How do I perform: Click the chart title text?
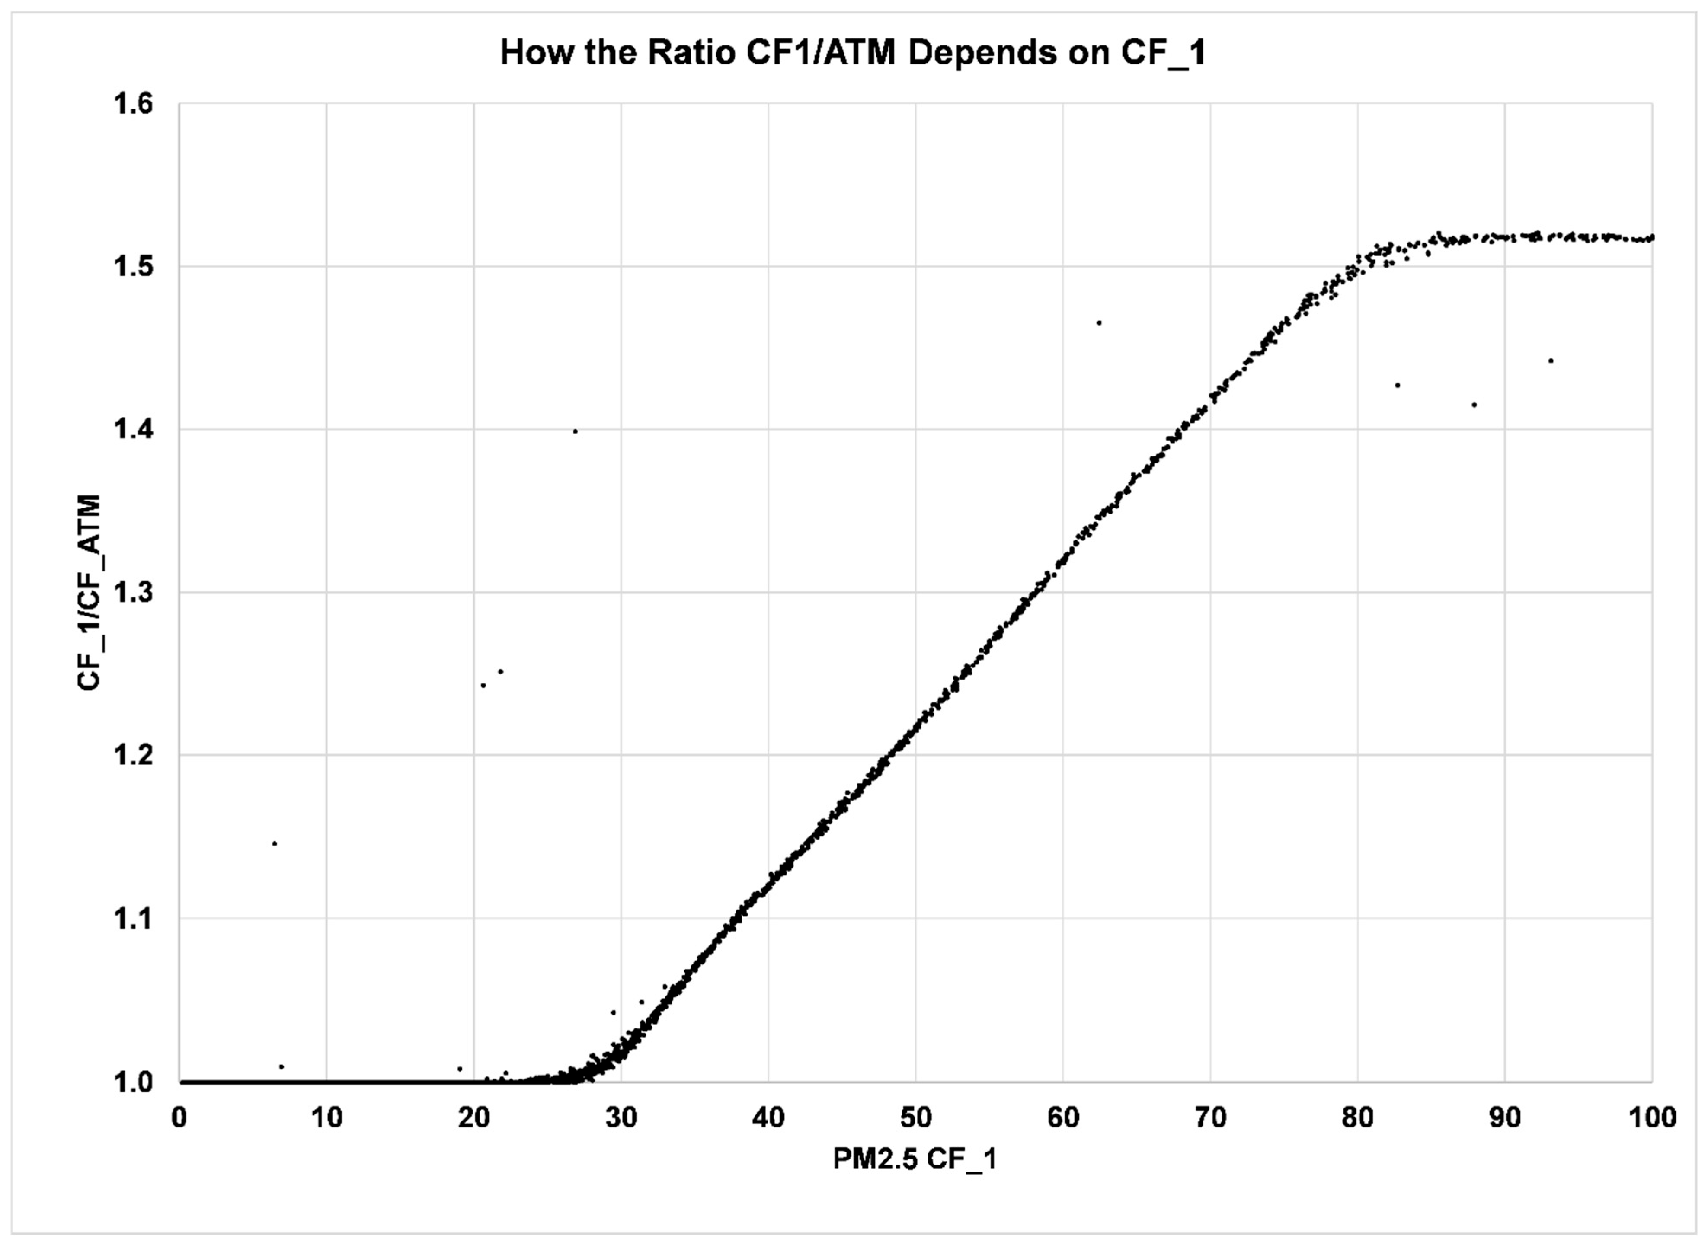pos(853,53)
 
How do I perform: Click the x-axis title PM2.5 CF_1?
pos(915,1159)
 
